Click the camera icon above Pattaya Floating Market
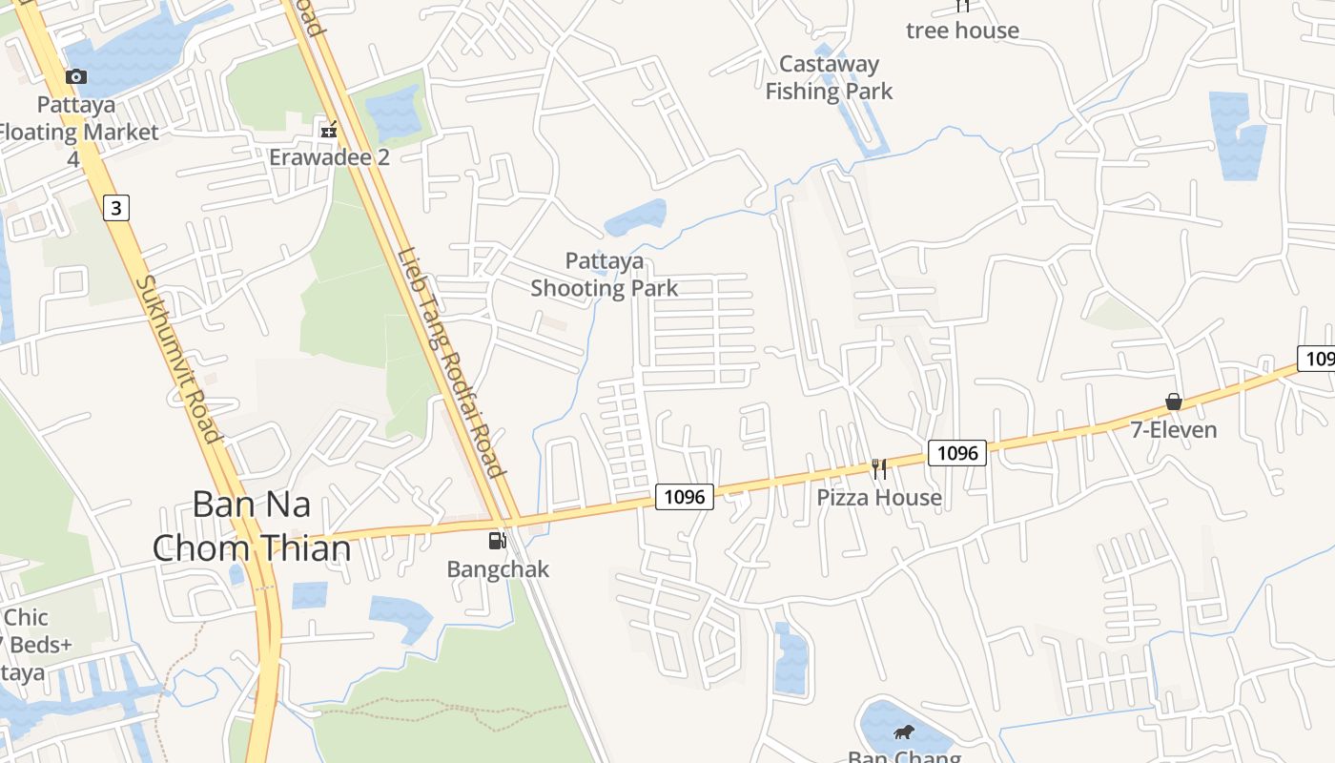coord(76,76)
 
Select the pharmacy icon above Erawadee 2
coord(329,129)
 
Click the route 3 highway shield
coord(115,208)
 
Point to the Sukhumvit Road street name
coord(178,360)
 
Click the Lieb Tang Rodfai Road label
coord(449,361)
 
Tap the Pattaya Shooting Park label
coord(604,275)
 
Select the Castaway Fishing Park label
coord(829,77)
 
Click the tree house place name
coord(962,31)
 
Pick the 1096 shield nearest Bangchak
coord(684,496)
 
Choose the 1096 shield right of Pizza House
coord(957,453)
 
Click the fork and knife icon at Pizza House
coord(879,468)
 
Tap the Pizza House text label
coord(879,498)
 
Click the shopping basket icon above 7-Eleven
coord(1174,402)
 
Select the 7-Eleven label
coord(1174,430)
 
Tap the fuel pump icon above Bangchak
coord(497,541)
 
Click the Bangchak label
coord(498,569)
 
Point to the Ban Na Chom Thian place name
coord(252,526)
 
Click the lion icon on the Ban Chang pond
coord(902,732)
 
